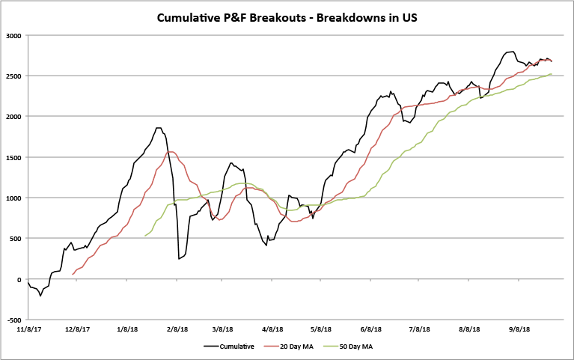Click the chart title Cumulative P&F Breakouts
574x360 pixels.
[x=287, y=16]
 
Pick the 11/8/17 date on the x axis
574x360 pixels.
[x=28, y=329]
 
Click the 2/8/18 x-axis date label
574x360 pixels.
[x=177, y=329]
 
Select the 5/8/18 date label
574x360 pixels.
[x=320, y=329]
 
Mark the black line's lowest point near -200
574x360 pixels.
[x=40, y=296]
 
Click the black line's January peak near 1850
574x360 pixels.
[x=158, y=128]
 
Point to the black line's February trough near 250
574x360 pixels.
[x=179, y=259]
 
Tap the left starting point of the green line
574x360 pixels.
[x=144, y=236]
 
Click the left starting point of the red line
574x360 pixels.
[x=73, y=275]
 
